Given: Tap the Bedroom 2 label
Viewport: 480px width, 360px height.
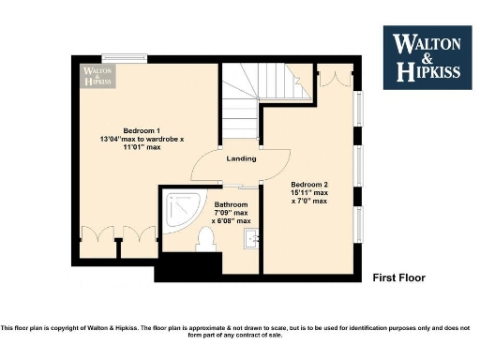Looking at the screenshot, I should click(308, 184).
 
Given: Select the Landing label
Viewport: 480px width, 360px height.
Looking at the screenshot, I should click(241, 158).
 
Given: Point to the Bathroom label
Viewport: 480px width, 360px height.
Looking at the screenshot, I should click(231, 204).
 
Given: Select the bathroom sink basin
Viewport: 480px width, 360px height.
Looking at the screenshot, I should click(249, 238).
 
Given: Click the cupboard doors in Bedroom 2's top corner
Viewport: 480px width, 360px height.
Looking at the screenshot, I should click(332, 77).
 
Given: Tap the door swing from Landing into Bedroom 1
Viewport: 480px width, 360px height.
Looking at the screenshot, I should click(206, 167).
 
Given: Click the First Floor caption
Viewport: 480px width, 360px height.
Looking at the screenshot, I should click(398, 277).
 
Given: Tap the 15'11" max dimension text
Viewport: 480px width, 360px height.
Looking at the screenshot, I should click(308, 192).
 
